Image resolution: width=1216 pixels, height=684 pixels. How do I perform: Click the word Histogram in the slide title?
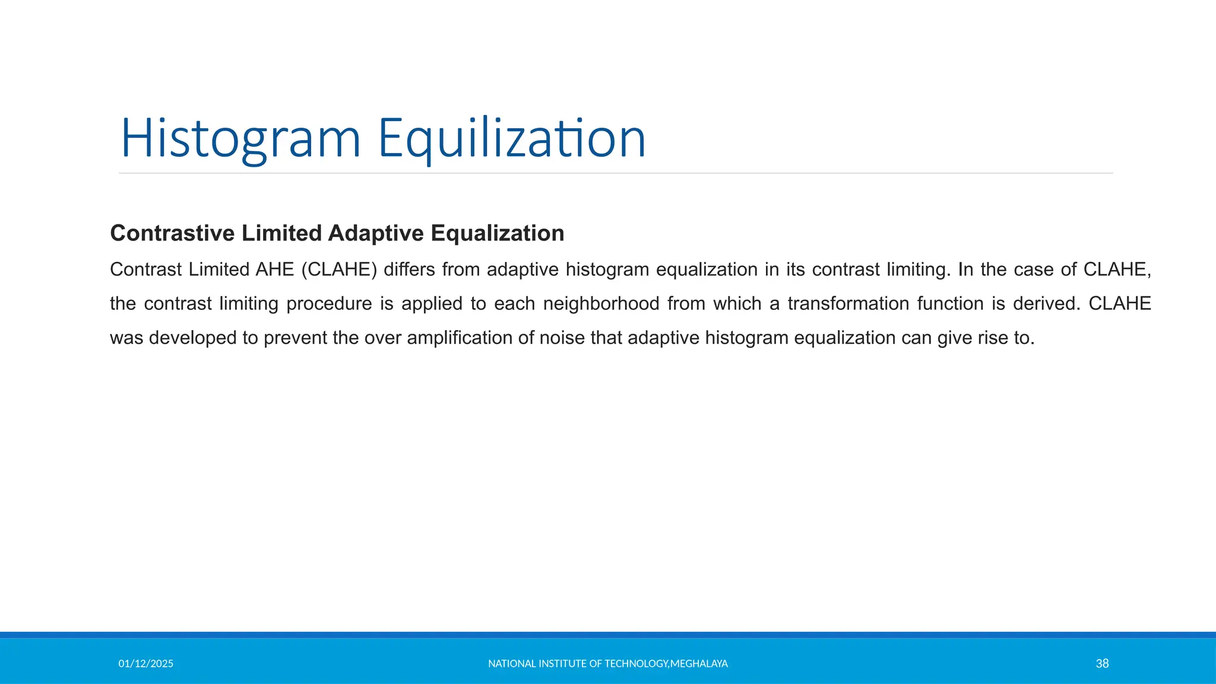tap(240, 138)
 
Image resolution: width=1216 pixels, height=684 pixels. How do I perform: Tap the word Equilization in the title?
tap(511, 138)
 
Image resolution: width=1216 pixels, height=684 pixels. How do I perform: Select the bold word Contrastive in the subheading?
tap(172, 233)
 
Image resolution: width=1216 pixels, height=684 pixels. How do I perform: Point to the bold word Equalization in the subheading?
tap(498, 233)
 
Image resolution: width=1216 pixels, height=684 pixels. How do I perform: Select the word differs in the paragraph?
tap(408, 270)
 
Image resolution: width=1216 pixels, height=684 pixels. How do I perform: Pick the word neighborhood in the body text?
tap(601, 304)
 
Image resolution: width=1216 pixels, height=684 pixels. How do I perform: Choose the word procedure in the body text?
tap(329, 304)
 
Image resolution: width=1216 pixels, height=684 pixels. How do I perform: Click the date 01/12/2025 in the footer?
tap(145, 664)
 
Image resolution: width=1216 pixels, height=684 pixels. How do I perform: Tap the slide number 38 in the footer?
tap(1102, 664)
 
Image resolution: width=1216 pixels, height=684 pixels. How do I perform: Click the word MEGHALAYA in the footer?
tap(699, 664)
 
